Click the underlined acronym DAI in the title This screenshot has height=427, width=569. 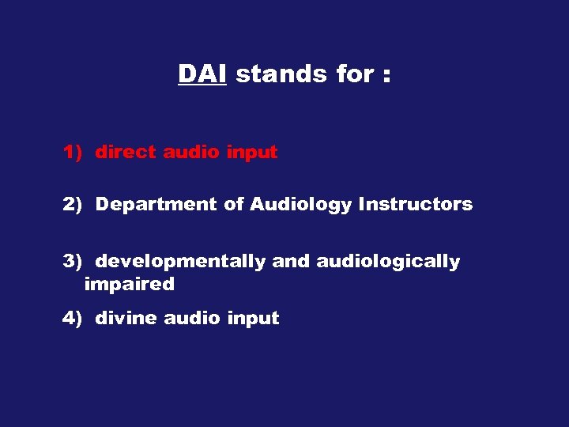tap(202, 74)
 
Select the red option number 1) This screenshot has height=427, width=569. tap(73, 153)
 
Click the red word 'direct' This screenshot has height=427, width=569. tap(126, 153)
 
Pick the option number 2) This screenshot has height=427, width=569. tap(73, 205)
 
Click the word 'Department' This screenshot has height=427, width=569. tap(156, 205)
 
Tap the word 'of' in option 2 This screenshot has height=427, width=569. tap(234, 205)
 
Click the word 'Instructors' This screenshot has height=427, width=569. tap(416, 205)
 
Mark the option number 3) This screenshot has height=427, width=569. tap(73, 262)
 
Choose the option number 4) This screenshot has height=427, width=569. tap(73, 319)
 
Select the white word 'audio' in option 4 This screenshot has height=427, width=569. tap(192, 319)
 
